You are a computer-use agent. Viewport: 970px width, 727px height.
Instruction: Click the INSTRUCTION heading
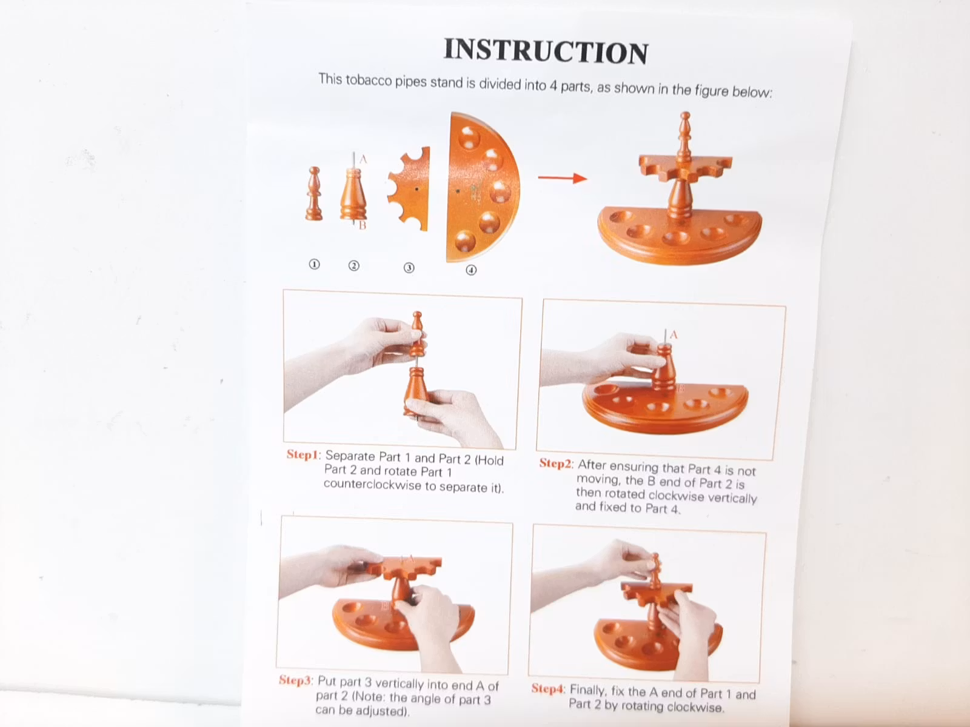point(546,51)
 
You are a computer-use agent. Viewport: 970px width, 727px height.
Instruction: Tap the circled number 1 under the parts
point(314,264)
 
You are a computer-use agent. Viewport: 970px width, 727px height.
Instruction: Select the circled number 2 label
point(353,266)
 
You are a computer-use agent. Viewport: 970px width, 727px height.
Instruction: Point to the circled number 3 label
point(409,268)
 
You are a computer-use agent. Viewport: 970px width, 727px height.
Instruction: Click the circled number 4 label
point(471,270)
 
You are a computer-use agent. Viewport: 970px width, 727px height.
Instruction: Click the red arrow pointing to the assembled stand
point(563,178)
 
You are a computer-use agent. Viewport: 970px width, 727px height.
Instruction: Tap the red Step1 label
point(303,454)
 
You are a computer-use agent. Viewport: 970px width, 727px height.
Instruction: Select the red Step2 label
point(555,463)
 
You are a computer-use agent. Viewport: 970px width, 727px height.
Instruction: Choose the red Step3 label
point(295,680)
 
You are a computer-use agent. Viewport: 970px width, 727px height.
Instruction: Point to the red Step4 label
point(548,688)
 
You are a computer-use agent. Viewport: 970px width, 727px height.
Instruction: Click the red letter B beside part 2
point(363,225)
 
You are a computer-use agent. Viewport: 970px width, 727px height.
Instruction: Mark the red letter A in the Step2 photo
point(674,335)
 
